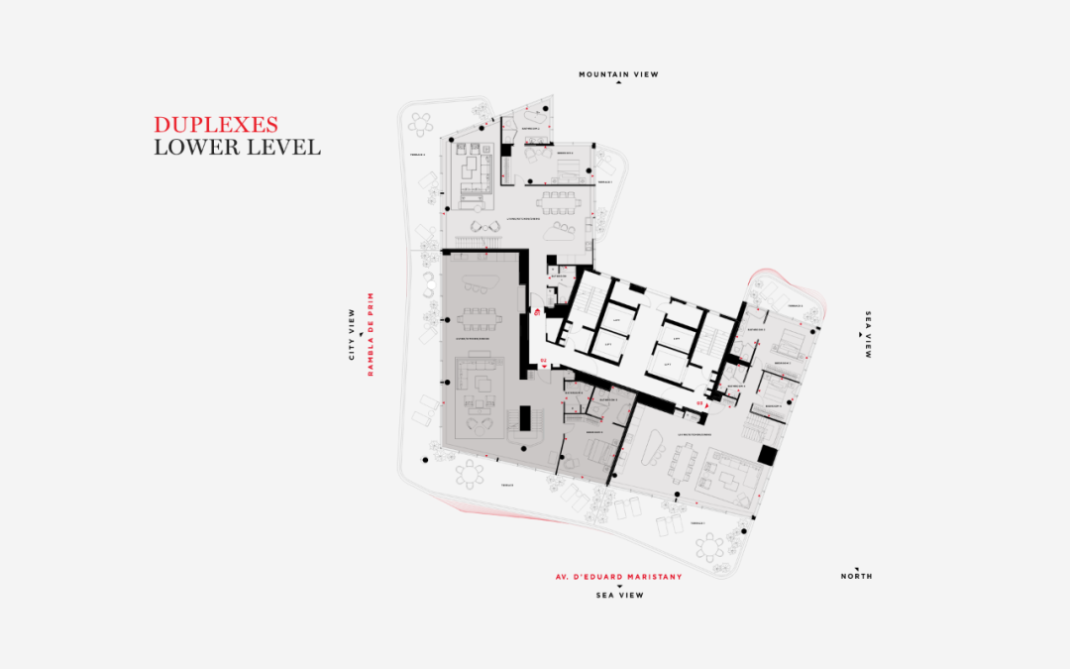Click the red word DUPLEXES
(x=215, y=125)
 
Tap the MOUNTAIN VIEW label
(x=618, y=74)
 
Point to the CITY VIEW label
(x=352, y=335)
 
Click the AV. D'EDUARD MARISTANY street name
(x=618, y=576)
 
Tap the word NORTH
(x=856, y=576)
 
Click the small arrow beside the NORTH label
(x=842, y=568)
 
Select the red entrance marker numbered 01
(x=536, y=313)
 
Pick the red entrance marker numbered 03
(x=700, y=403)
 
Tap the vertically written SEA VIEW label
(x=869, y=334)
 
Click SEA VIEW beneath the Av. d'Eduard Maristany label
(x=618, y=596)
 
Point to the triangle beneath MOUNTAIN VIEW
(x=618, y=84)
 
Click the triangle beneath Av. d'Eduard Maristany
(x=618, y=586)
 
